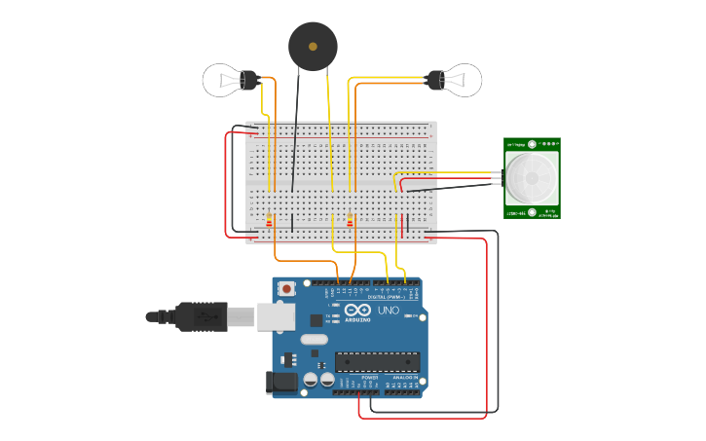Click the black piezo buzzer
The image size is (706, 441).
(x=313, y=46)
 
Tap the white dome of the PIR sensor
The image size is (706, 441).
(x=531, y=177)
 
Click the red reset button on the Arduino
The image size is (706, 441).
(x=287, y=289)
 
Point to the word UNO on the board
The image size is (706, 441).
(x=389, y=311)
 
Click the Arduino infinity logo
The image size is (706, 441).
(x=357, y=311)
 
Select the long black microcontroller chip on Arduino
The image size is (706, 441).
(x=378, y=362)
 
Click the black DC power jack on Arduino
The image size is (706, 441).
(x=283, y=382)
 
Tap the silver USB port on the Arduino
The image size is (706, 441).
(x=277, y=316)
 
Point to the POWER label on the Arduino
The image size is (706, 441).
(x=356, y=377)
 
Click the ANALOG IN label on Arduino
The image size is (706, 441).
(x=405, y=377)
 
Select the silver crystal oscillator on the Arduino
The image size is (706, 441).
(x=315, y=340)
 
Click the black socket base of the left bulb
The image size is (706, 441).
(x=248, y=79)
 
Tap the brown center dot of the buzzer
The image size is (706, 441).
(x=313, y=46)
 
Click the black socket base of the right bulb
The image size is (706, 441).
(x=434, y=79)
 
